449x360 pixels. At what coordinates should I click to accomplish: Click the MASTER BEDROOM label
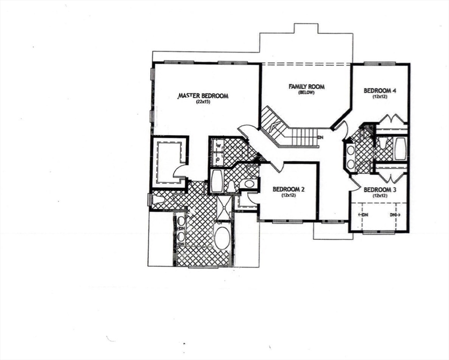pos(203,96)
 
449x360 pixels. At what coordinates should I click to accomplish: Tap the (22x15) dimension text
pos(203,102)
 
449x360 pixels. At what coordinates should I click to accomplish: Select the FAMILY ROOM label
pos(306,86)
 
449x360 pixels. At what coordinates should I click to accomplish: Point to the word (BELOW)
pos(306,92)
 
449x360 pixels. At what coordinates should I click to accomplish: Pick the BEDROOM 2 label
pos(289,189)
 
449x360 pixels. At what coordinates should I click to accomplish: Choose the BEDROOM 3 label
pos(380,189)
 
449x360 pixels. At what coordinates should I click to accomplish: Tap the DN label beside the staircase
pos(320,137)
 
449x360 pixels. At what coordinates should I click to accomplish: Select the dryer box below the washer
pos(218,158)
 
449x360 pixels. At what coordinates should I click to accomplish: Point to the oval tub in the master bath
pos(221,238)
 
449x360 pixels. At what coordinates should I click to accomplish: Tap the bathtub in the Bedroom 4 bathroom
pos(400,148)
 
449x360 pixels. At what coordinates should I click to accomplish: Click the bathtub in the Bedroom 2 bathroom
pos(216,181)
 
